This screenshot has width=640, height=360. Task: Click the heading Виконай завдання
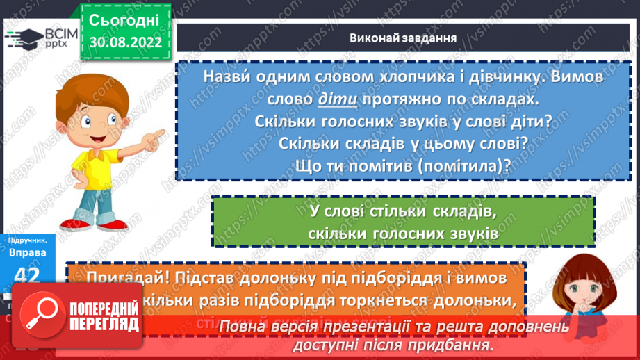coord(402,38)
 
